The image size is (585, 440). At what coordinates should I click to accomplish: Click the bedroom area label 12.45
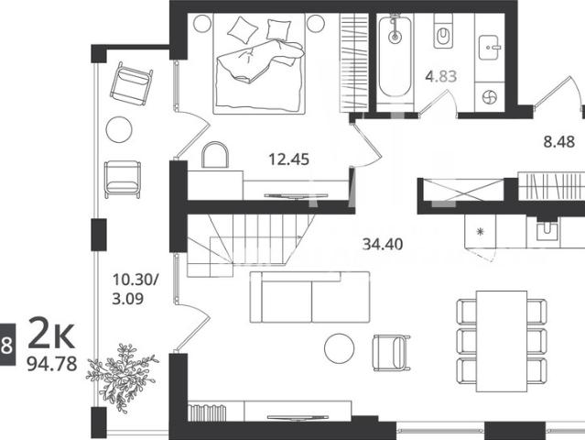pyautogui.click(x=288, y=159)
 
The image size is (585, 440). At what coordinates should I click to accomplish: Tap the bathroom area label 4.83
pyautogui.click(x=441, y=76)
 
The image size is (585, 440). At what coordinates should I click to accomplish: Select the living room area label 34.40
pyautogui.click(x=383, y=244)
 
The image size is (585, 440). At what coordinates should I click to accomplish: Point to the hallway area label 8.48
pyautogui.click(x=558, y=142)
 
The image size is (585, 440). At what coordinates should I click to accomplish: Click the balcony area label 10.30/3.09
pyautogui.click(x=135, y=289)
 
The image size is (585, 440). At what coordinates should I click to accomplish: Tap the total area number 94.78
pyautogui.click(x=52, y=363)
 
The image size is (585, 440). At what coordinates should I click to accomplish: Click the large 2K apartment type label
pyautogui.click(x=51, y=333)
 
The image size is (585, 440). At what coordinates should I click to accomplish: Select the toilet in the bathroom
pyautogui.click(x=443, y=31)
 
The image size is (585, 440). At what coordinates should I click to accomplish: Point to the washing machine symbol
pyautogui.click(x=489, y=98)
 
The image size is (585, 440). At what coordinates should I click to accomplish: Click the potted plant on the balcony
pyautogui.click(x=122, y=377)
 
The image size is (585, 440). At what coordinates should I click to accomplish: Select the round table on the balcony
pyautogui.click(x=119, y=129)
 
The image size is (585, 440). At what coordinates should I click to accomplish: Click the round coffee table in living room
pyautogui.click(x=339, y=348)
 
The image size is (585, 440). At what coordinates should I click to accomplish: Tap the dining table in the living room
pyautogui.click(x=502, y=341)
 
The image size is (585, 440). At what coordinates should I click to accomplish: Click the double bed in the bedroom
pyautogui.click(x=259, y=63)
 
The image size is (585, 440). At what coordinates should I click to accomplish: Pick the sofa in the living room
pyautogui.click(x=309, y=297)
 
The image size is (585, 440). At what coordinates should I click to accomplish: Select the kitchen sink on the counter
pyautogui.click(x=547, y=231)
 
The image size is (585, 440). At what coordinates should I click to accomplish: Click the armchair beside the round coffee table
pyautogui.click(x=391, y=353)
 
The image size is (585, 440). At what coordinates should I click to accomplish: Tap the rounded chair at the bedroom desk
pyautogui.click(x=215, y=155)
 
